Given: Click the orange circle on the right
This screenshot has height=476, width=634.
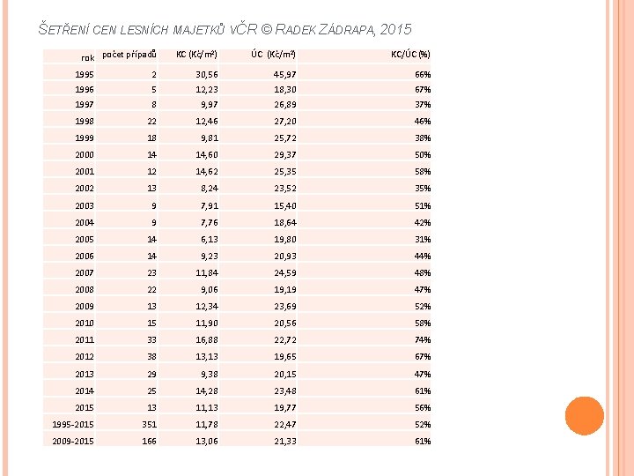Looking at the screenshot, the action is point(585,416).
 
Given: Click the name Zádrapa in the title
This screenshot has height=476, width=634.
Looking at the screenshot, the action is point(347,30).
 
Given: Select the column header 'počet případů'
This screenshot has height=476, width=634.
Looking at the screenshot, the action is point(129,55).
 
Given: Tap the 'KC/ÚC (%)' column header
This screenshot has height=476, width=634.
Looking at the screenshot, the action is point(410,55).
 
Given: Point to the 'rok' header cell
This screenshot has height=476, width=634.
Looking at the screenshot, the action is point(88,58).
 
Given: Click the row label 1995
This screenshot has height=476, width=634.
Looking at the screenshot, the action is point(85,75).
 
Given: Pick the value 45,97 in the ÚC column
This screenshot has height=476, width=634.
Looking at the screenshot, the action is point(285,75).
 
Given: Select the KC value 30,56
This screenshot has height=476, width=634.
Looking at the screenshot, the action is point(207,75).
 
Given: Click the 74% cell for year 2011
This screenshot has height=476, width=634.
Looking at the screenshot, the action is point(423,340).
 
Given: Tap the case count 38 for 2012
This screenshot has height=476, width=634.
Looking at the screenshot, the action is point(151,357).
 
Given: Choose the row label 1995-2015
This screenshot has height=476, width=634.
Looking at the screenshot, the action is point(73,425).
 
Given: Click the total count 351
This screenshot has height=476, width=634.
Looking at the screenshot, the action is point(149,425).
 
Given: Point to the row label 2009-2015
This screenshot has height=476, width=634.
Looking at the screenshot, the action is point(73,442).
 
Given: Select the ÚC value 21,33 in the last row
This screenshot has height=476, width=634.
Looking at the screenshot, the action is point(285,442).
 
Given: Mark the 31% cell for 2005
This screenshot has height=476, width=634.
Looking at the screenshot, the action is point(423,240).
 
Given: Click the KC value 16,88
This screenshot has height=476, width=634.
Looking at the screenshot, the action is point(207,340).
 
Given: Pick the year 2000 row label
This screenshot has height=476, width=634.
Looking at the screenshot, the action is point(85,155).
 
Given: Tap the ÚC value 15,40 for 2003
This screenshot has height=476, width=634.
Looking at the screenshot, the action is point(285,206).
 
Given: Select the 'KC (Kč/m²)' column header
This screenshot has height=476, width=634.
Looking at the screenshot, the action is point(196,55).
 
